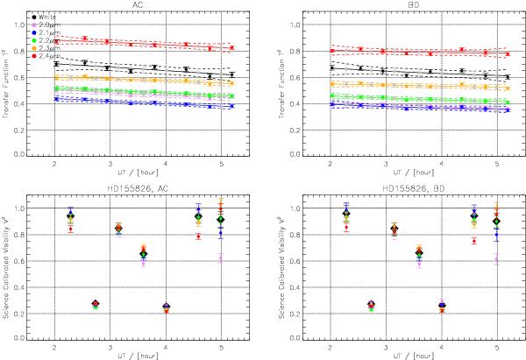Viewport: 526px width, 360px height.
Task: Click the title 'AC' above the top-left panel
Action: point(139,4)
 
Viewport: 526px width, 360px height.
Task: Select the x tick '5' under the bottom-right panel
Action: point(496,348)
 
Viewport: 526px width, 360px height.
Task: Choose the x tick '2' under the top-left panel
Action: point(55,164)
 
